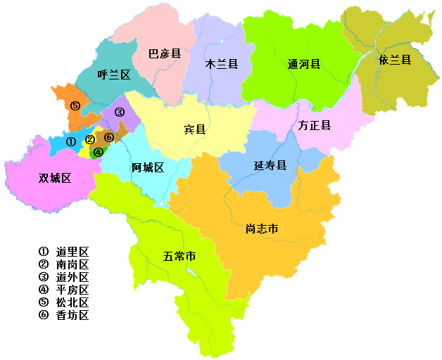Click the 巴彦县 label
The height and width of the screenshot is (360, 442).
pos(165,53)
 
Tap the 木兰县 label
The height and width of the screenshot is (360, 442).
pos(221,64)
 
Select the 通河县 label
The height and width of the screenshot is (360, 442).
pos(304,64)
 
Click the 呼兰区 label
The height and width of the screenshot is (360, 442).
pos(114,75)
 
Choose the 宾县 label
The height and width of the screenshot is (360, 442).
pos(195,129)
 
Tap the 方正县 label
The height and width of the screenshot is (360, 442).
pos(315,126)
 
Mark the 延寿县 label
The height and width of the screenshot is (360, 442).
pos(270,166)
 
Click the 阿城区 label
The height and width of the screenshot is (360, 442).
pos(148,167)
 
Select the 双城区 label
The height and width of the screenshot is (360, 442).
pos(55,178)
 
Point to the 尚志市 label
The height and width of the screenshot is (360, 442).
pos(263,229)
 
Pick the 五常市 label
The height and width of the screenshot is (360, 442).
pos(179,256)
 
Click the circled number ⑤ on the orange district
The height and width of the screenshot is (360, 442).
pos(75,105)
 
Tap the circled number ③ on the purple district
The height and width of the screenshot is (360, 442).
pos(120,112)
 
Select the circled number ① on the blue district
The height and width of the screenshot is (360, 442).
pos(70,141)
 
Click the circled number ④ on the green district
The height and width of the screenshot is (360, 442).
pos(99,151)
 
